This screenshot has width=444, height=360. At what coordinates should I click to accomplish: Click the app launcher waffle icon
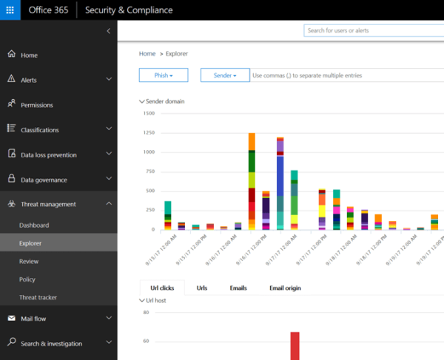coord(11,10)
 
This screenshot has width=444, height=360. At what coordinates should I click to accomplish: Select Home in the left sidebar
coord(29,55)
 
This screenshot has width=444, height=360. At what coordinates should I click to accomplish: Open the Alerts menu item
coord(28,80)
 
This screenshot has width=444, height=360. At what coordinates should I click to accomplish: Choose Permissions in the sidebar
coord(36,105)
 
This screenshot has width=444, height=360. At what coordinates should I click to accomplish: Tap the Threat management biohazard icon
coord(11,204)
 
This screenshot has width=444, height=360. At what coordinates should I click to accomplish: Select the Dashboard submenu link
coord(34,225)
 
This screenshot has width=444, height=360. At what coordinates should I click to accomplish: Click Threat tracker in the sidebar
coord(38,297)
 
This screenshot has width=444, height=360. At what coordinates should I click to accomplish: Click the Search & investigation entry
coord(51,344)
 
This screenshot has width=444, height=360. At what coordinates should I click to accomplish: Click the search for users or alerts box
coord(372,30)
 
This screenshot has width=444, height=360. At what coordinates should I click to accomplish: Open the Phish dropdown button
coord(164,75)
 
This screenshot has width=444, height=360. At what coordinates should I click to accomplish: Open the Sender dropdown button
coord(224,75)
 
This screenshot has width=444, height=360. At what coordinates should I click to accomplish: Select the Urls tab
coord(201,288)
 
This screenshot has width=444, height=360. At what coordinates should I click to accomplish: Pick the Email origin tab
coord(285,288)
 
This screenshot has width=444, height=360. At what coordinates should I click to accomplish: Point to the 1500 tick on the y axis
coord(148,113)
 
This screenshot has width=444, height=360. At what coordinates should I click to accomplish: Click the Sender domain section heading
coord(164,101)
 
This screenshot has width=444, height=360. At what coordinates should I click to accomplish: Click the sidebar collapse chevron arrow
coord(109,31)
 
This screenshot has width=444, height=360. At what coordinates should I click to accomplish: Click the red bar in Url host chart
coord(295,345)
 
